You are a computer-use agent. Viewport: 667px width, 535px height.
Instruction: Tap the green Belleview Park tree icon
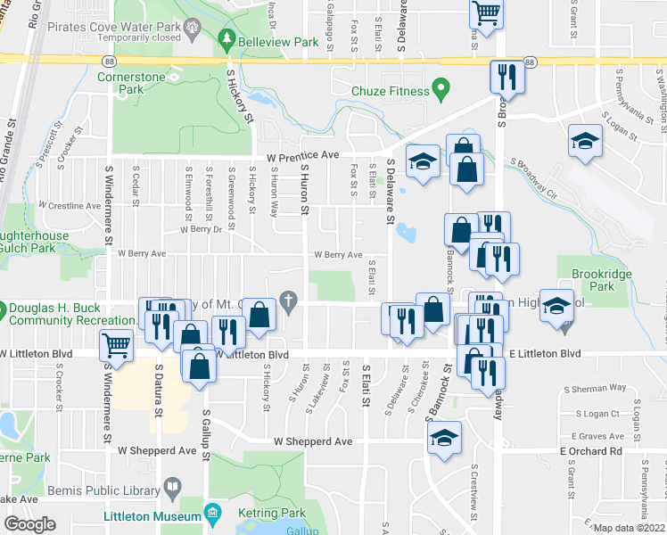227,41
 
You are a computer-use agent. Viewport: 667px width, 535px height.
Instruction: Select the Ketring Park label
272,513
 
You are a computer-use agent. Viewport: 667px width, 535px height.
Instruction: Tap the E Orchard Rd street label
590,451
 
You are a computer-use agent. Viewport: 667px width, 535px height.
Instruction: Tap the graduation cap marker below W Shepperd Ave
444,438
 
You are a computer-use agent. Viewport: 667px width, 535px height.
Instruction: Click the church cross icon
288,301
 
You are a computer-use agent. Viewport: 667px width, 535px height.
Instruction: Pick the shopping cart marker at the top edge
486,12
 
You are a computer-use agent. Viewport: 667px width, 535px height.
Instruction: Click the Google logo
29,525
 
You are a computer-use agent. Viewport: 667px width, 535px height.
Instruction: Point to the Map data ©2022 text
629,528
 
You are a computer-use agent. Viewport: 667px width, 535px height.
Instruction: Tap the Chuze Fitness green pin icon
439,89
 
